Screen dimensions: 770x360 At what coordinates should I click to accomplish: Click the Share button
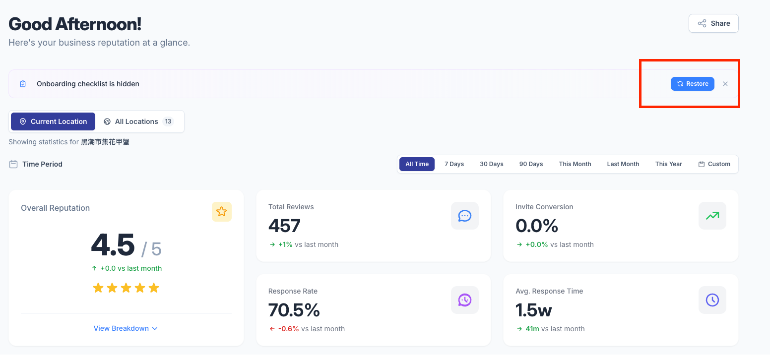tap(713, 23)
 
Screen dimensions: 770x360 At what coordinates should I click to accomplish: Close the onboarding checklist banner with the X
tap(725, 84)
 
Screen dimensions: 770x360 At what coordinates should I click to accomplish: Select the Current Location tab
tap(53, 121)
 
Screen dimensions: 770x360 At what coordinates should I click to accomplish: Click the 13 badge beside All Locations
tap(168, 121)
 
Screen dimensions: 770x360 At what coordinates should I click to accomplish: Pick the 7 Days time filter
tap(454, 164)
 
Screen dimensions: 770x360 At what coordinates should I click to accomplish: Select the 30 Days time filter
tap(492, 164)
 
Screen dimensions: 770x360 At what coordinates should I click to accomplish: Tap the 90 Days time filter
tap(531, 164)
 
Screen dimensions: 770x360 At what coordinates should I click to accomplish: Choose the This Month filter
tap(575, 164)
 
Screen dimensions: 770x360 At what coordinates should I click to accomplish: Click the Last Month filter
tap(623, 164)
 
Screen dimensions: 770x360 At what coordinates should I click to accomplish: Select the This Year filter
tap(669, 164)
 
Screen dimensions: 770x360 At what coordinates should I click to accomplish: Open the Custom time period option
tap(714, 164)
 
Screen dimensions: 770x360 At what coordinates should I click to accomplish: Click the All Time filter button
tap(417, 164)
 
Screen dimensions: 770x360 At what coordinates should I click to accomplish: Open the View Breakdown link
tap(126, 328)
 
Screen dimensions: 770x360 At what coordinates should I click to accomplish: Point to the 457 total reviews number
tap(284, 226)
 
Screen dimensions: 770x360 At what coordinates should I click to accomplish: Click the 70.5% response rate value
tap(294, 310)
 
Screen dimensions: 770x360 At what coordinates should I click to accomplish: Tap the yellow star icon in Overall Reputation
tap(222, 212)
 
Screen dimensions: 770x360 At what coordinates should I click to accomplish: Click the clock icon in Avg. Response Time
tap(712, 300)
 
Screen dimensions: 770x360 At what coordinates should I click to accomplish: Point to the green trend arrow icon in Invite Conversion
tap(712, 216)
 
